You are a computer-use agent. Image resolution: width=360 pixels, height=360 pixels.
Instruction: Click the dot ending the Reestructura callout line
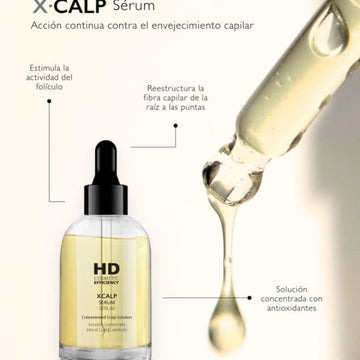pos(175,127)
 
